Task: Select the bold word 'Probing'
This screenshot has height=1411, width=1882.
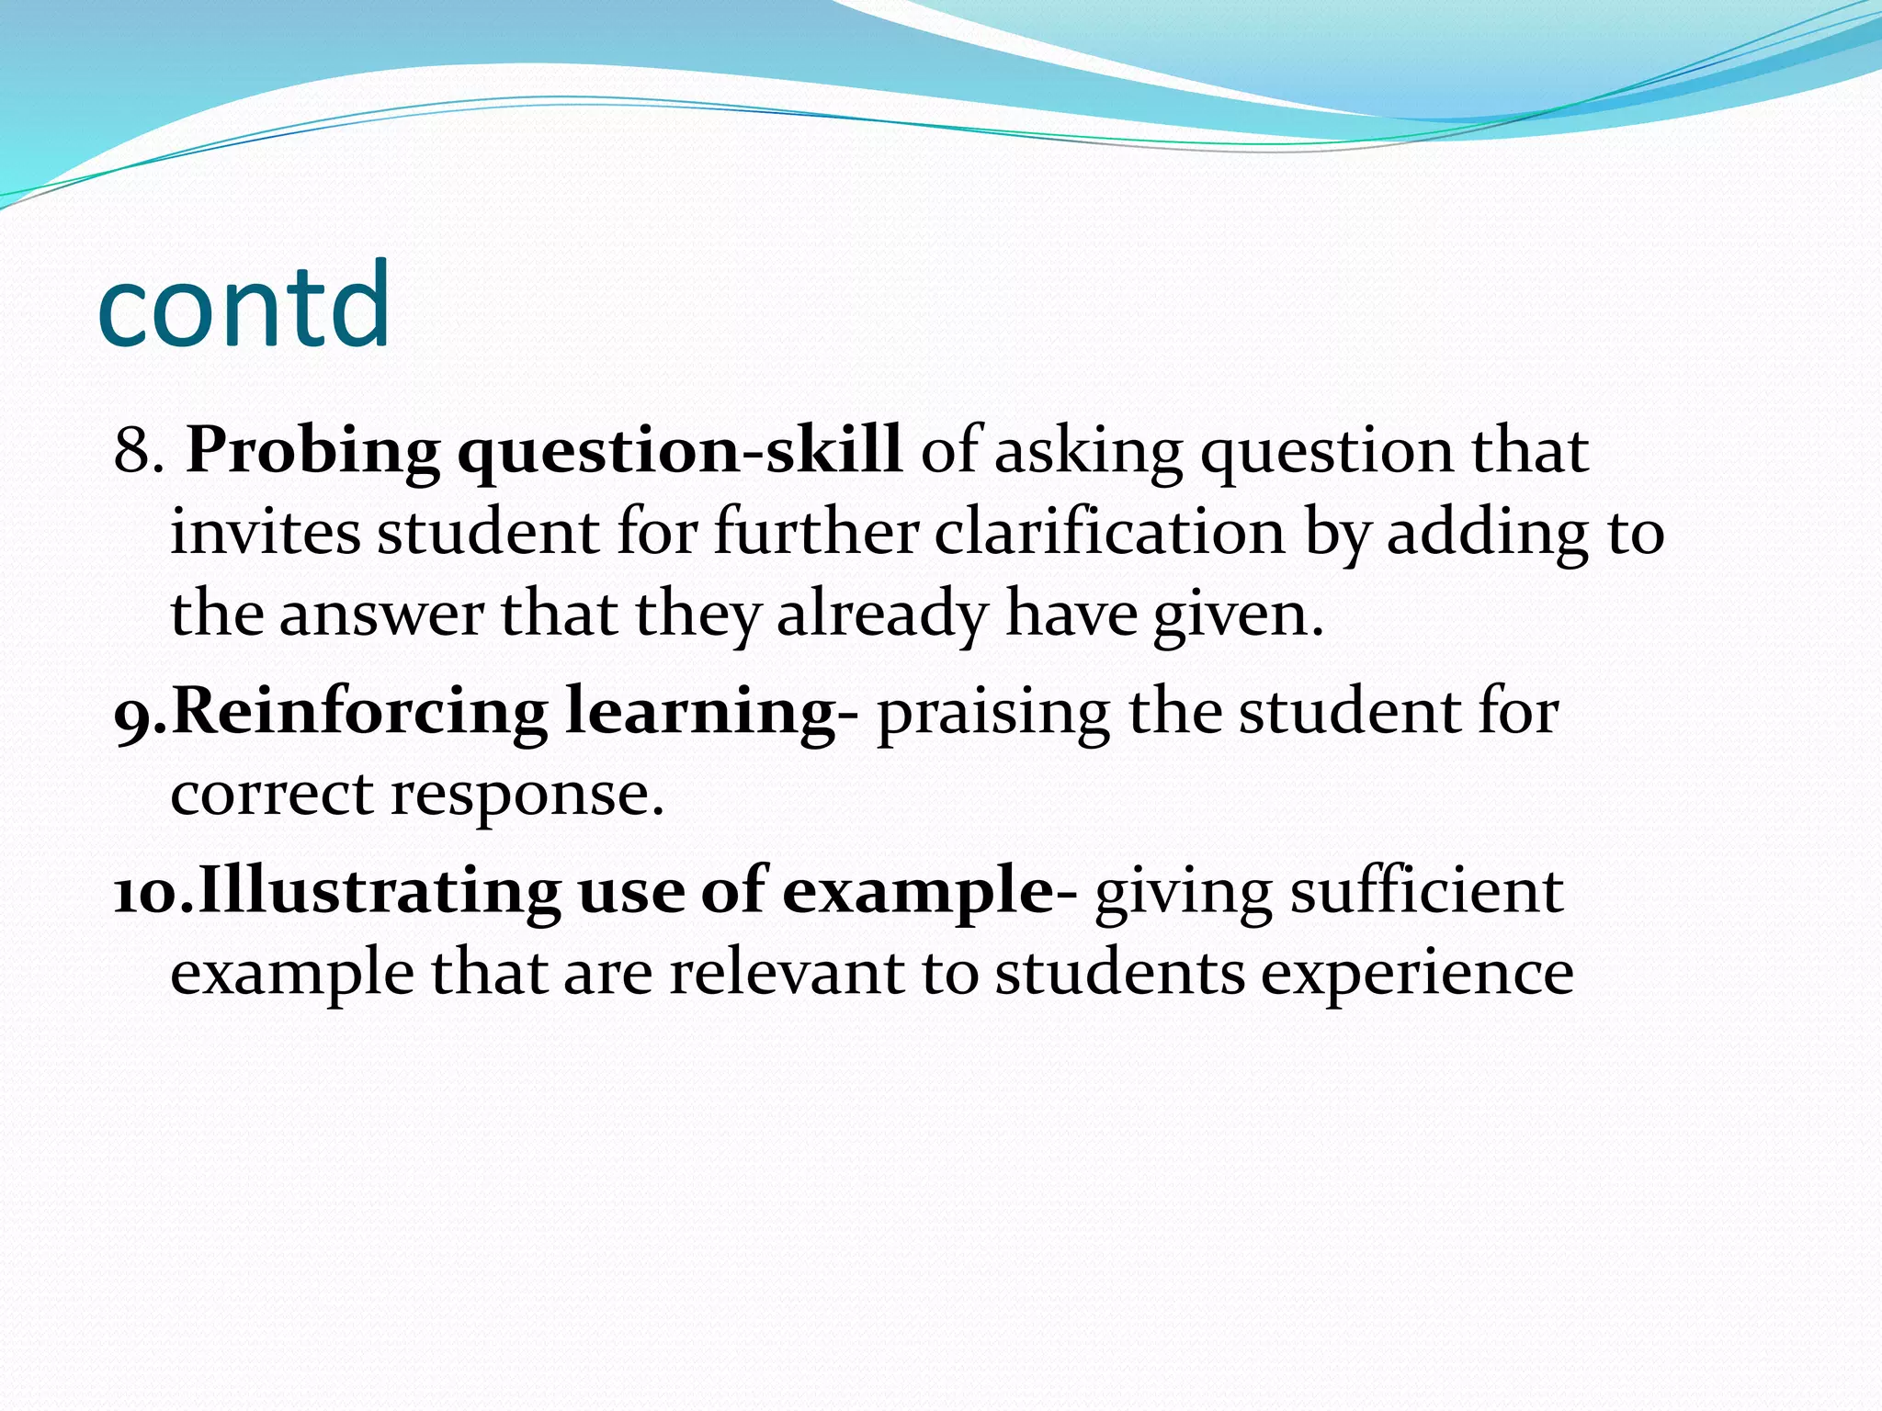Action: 312,452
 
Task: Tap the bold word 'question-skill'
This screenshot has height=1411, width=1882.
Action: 679,452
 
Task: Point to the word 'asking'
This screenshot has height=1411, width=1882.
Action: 1088,452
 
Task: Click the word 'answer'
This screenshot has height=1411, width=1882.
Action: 380,614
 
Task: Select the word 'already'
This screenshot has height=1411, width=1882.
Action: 881,614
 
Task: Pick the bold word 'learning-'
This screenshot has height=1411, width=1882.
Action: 711,713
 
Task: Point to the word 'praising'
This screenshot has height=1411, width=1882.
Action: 992,713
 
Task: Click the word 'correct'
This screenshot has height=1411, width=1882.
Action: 271,794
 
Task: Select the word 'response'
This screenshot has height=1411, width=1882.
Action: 520,794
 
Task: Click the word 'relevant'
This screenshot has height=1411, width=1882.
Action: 787,973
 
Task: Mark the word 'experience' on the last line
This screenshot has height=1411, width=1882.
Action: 1416,973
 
